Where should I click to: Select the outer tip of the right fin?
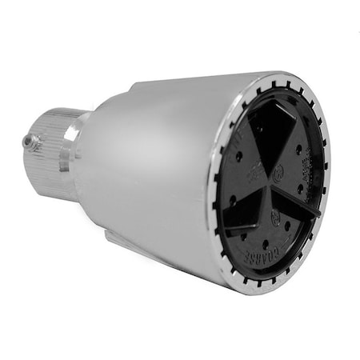click(x=318, y=214)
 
